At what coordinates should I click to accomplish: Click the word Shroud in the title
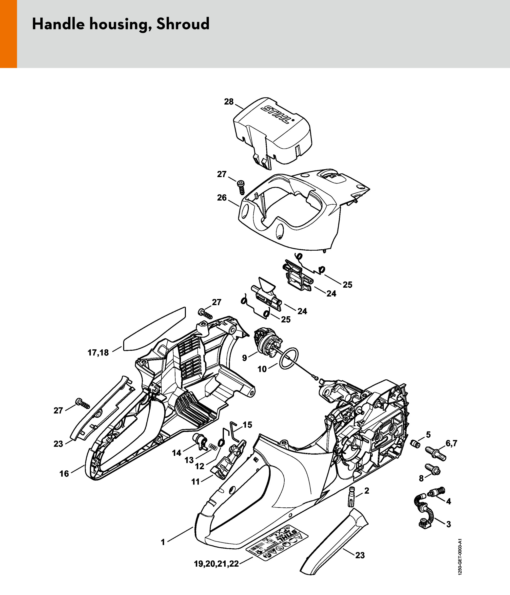pyautogui.click(x=183, y=24)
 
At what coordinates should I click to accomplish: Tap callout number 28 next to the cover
pyautogui.click(x=229, y=102)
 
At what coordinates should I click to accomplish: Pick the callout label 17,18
pyautogui.click(x=98, y=353)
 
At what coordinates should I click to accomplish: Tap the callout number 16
pyautogui.click(x=64, y=474)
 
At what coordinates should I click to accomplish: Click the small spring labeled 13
pyautogui.click(x=212, y=447)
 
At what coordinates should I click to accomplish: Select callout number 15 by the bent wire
pyautogui.click(x=247, y=425)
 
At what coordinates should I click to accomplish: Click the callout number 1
pyautogui.click(x=163, y=542)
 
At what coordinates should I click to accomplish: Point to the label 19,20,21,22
pyautogui.click(x=216, y=564)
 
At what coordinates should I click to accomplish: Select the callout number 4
pyautogui.click(x=449, y=502)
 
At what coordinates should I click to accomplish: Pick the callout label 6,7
pyautogui.click(x=451, y=444)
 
